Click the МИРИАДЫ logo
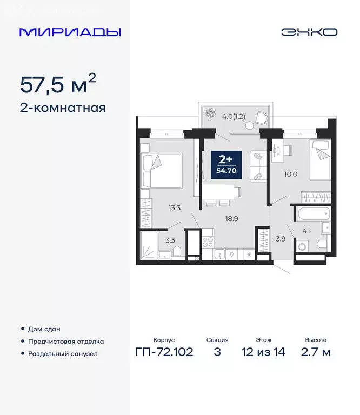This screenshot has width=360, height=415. [x=70, y=32]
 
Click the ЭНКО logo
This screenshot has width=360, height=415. [x=309, y=32]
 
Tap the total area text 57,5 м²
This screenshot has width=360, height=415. [x=58, y=84]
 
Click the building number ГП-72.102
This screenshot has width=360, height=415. [x=164, y=352]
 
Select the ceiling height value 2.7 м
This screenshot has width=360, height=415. [x=315, y=352]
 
